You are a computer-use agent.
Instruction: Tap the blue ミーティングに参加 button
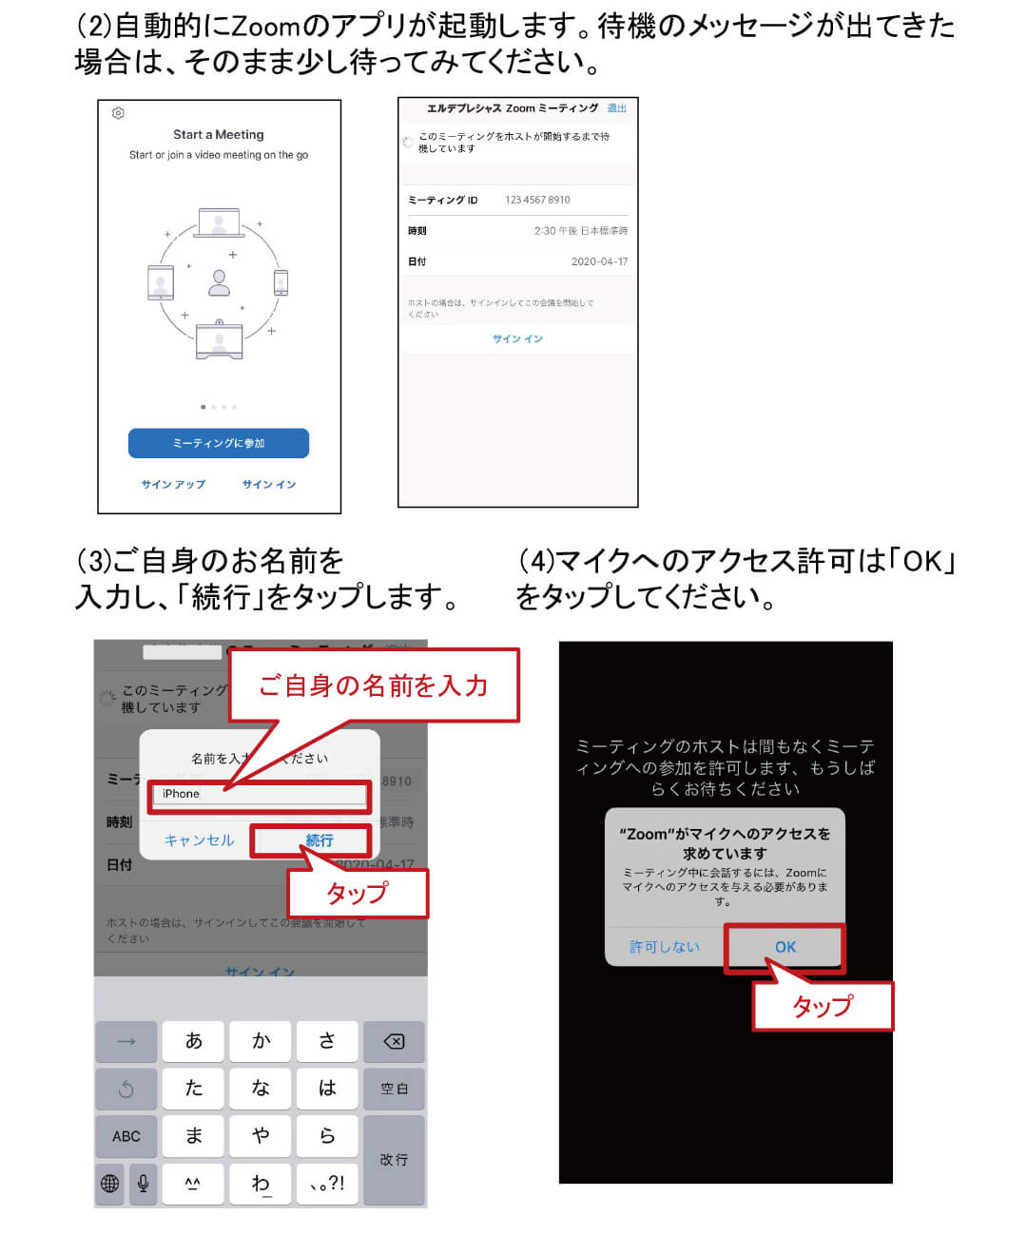[x=218, y=443]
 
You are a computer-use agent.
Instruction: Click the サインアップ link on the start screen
[x=173, y=484]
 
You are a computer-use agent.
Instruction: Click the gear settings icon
[x=118, y=113]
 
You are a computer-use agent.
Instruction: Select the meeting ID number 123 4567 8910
[x=537, y=200]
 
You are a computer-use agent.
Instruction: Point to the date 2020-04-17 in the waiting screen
[x=599, y=261]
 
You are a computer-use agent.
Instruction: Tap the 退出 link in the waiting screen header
[x=616, y=108]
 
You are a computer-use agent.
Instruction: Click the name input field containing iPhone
[x=259, y=794]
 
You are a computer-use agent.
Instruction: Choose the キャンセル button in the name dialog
[x=199, y=840]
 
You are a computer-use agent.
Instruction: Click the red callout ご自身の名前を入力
[x=373, y=685]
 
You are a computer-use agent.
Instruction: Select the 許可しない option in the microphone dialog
[x=664, y=947]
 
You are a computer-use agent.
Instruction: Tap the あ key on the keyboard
[x=193, y=1041]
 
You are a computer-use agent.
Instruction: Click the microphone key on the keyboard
[x=143, y=1183]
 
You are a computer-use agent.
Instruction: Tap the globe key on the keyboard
[x=110, y=1183]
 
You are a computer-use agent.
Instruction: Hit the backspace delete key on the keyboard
[x=394, y=1041]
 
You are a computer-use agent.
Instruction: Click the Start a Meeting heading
[x=218, y=135]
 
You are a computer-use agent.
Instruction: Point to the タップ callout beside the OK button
[x=823, y=1006]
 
